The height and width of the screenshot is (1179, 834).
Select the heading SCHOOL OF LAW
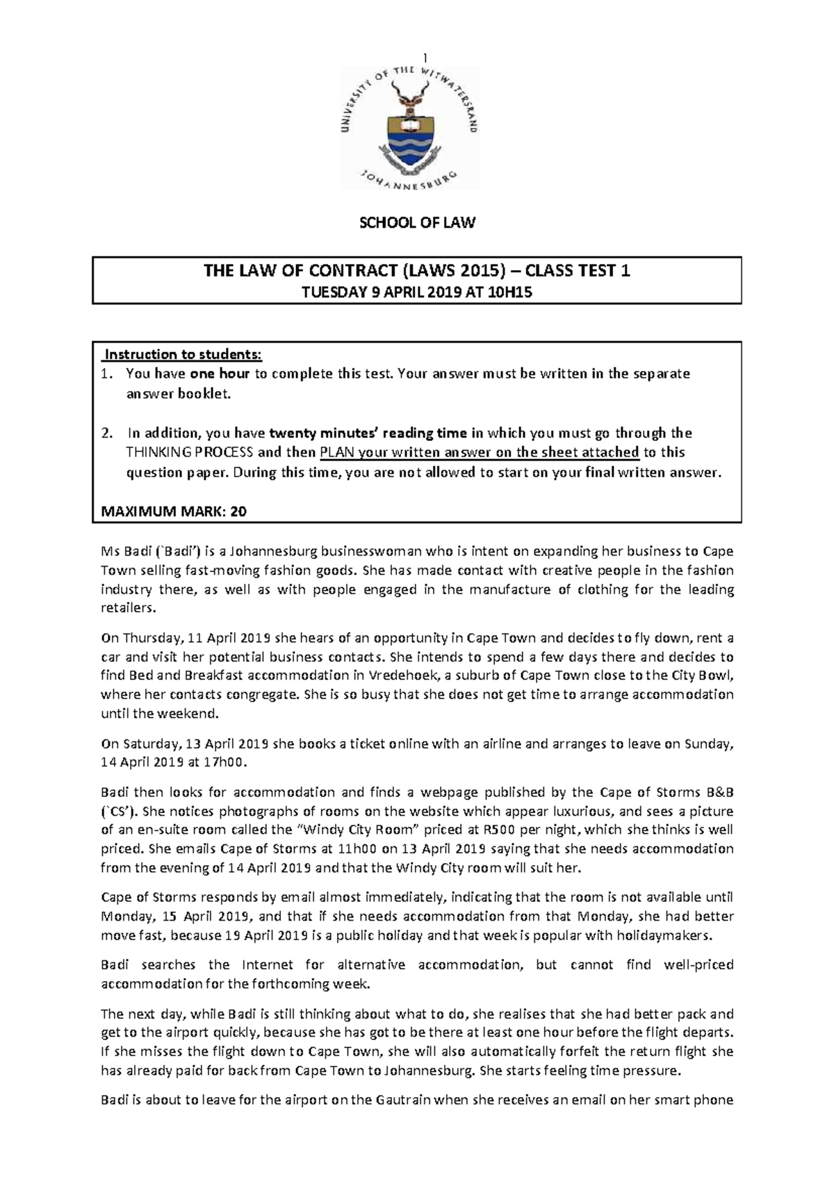point(416,223)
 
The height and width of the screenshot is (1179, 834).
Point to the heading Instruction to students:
point(182,355)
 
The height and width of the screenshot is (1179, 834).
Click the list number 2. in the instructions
point(106,433)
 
